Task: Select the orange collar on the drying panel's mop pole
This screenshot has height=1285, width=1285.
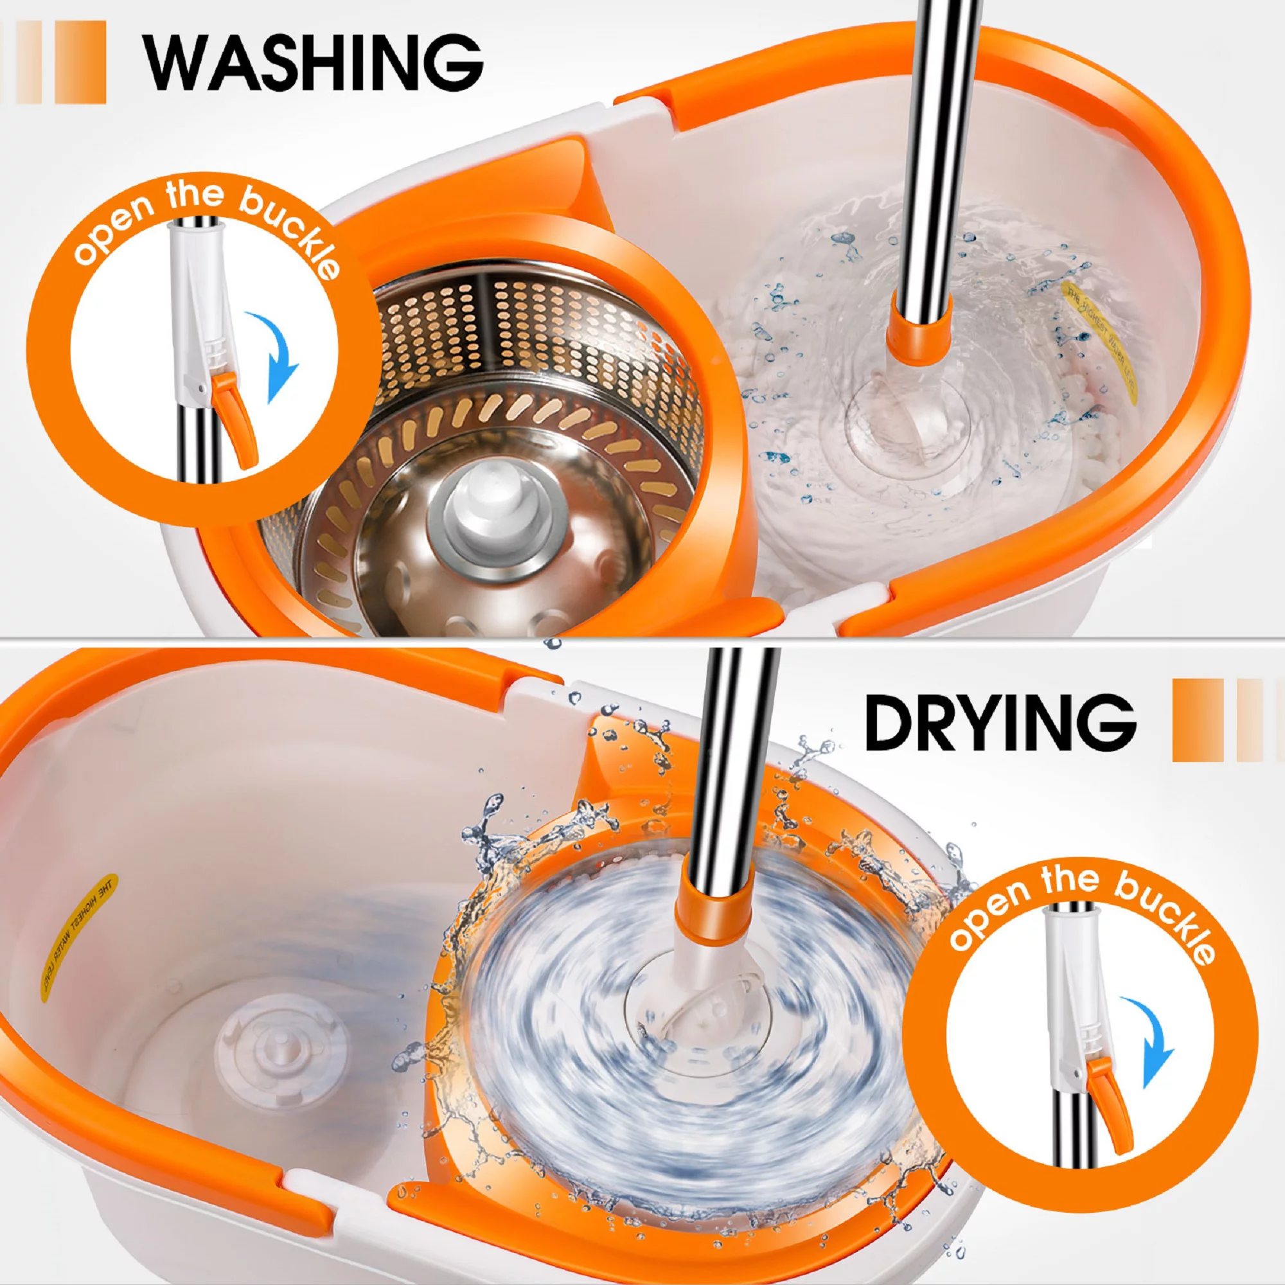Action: pos(713,915)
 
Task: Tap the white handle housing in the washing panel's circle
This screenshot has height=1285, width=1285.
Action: pos(196,313)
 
